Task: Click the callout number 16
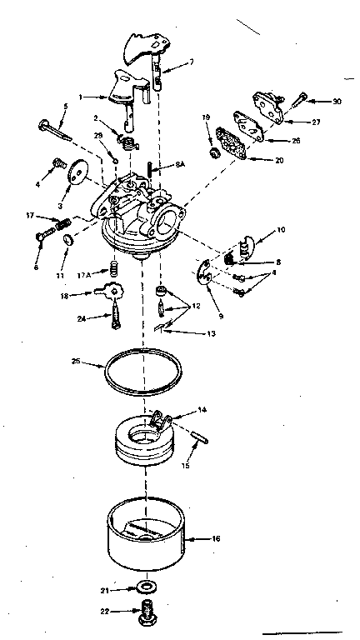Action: (x=216, y=539)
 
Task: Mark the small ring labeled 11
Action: (x=67, y=241)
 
